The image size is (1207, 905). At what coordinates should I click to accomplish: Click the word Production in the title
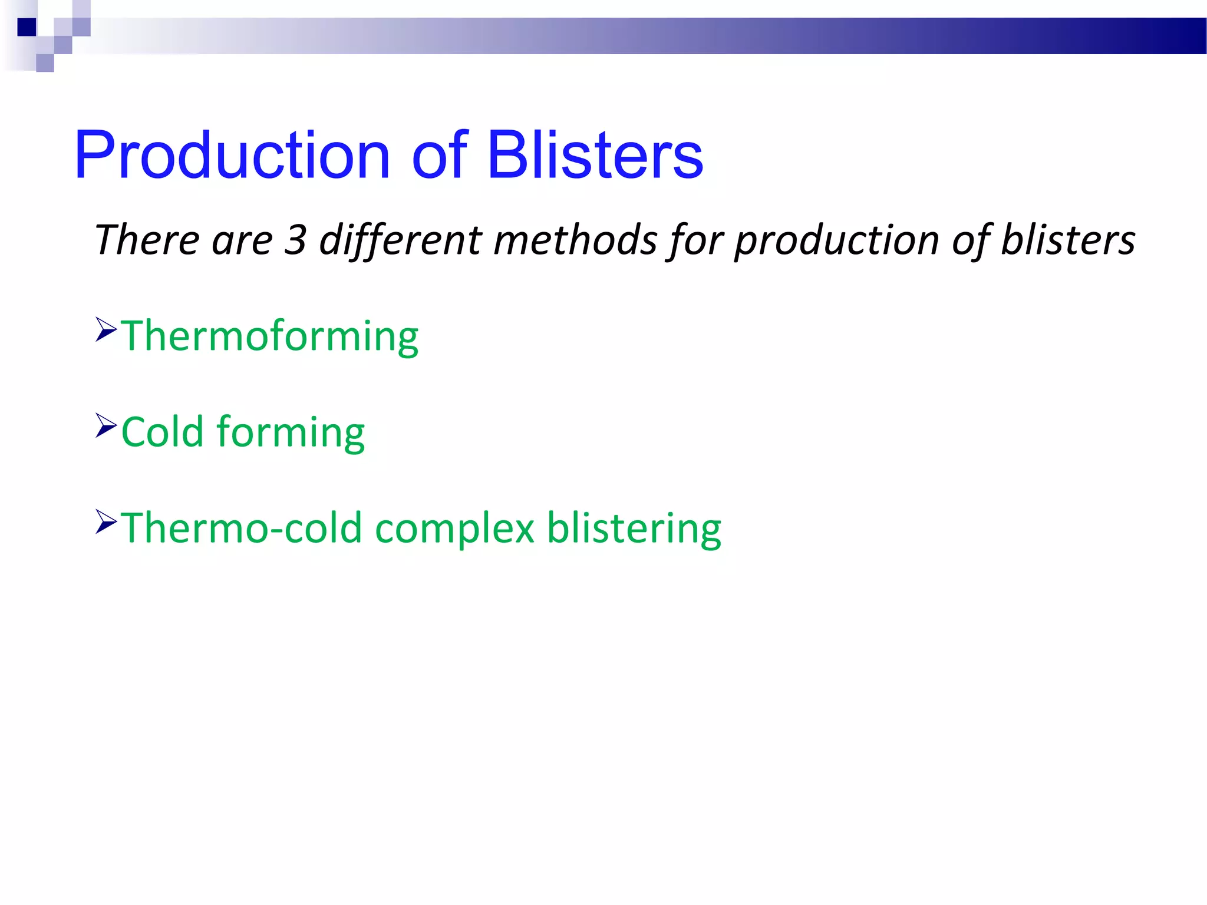tap(232, 156)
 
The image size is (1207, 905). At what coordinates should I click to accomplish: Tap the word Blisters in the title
tap(595, 156)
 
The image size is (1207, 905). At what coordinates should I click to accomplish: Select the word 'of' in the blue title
tap(440, 156)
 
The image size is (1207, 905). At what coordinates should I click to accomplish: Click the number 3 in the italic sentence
tap(295, 240)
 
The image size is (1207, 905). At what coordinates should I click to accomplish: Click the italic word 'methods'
tap(575, 240)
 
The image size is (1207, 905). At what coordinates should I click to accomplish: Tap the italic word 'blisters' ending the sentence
tap(1068, 240)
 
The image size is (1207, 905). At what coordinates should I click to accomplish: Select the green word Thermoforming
tap(270, 336)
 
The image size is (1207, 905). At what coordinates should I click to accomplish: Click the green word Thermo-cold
tap(241, 528)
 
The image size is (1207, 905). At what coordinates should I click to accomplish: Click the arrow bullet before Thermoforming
tap(106, 329)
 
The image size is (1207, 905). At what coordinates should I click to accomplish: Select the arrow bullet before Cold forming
tap(106, 425)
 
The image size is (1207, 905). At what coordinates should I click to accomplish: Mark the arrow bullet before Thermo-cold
tap(106, 521)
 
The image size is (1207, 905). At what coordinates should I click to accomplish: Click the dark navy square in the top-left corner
tap(27, 27)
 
